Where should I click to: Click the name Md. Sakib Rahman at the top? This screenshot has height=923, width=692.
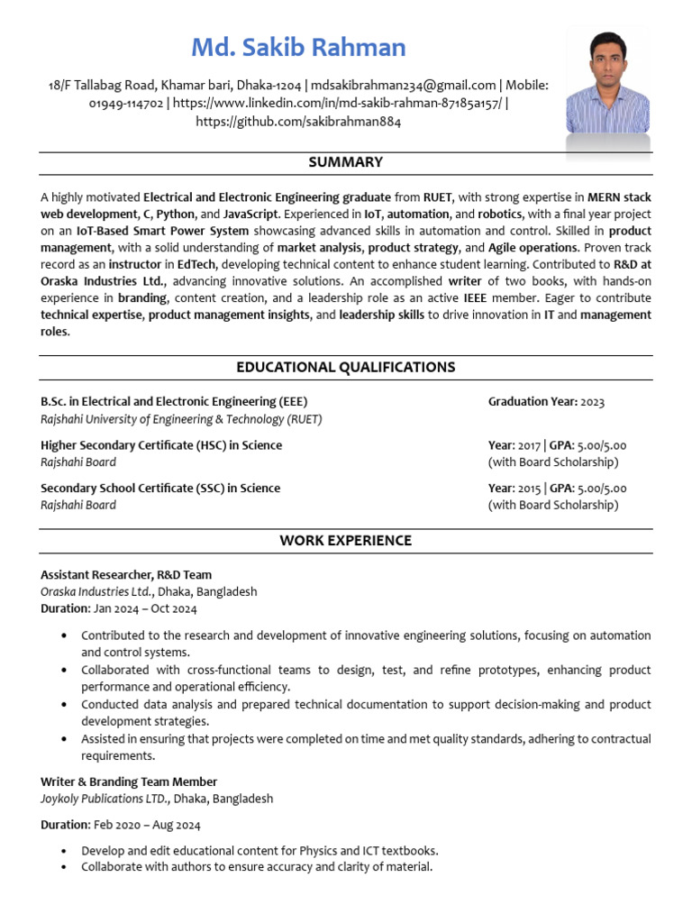point(298,47)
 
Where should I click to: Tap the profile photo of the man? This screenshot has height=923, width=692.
point(608,90)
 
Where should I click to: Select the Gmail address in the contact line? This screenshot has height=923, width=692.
point(404,85)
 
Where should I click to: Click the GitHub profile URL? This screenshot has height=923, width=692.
point(298,121)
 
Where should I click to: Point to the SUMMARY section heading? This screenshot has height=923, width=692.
point(345,162)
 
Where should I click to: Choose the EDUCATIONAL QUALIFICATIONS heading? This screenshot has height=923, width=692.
point(345,367)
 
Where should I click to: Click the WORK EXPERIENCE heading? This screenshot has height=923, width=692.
point(345,541)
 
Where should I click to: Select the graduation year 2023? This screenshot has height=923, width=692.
point(593,402)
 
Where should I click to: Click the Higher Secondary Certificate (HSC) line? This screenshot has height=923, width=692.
point(161,445)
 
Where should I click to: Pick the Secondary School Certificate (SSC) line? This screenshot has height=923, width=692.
point(160,489)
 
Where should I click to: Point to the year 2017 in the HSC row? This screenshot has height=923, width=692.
point(530,445)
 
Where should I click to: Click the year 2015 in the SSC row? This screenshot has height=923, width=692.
point(530,489)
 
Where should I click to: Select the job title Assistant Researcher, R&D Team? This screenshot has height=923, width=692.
point(126,575)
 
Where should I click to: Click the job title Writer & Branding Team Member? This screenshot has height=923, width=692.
point(129,782)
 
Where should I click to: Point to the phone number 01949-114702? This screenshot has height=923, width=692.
point(127,103)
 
